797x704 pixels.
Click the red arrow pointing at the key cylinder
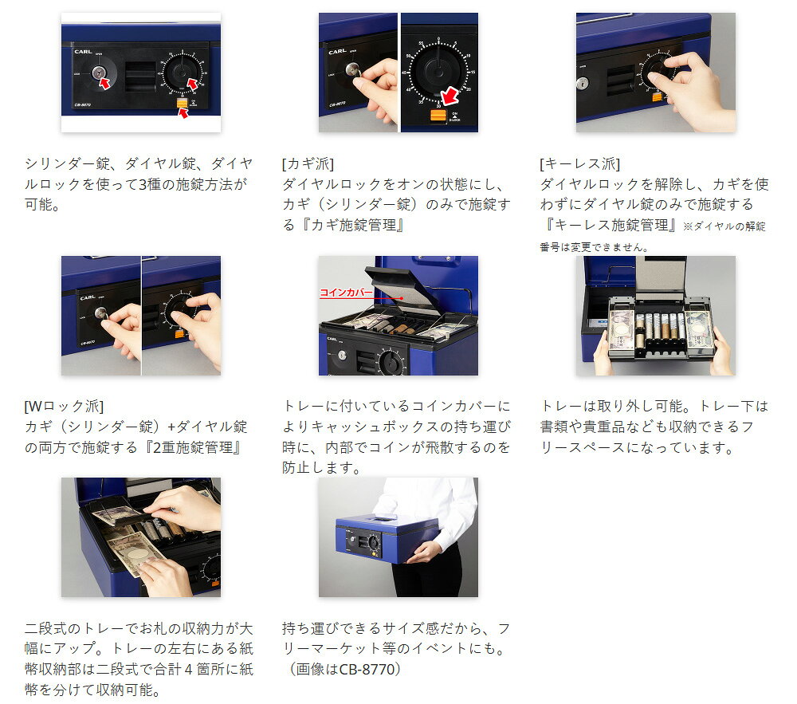tap(104, 83)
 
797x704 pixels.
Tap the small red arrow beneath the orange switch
tap(183, 113)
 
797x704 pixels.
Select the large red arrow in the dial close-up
tap(450, 96)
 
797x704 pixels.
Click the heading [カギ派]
tap(308, 163)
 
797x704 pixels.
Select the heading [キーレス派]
tap(580, 163)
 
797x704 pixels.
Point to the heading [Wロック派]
tap(64, 406)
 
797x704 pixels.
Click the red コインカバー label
tap(346, 293)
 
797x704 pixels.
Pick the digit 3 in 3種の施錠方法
tap(143, 184)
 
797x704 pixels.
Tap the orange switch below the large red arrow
tap(438, 115)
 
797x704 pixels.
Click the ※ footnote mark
tap(688, 226)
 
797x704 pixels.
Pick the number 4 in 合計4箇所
tap(188, 669)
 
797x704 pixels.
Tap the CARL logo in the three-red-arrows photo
tap(84, 52)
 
